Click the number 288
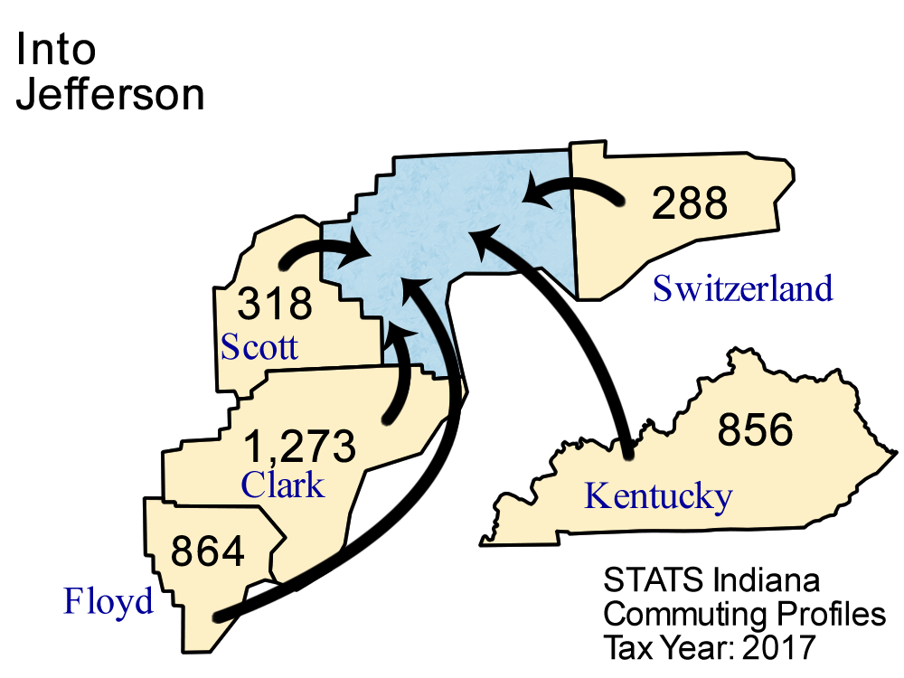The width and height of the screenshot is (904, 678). (x=690, y=203)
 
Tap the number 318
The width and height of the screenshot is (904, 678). (x=275, y=304)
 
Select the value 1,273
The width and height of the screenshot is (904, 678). (x=299, y=446)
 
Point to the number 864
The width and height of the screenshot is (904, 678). (x=208, y=551)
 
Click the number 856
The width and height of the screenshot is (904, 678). (x=755, y=430)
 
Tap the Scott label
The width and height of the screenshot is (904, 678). (x=259, y=347)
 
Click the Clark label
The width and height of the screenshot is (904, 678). (x=282, y=485)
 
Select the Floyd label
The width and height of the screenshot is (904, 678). (x=108, y=600)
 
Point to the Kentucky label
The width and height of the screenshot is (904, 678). (x=658, y=495)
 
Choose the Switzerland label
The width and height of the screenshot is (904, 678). (x=742, y=289)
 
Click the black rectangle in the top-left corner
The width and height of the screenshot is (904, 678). (x=118, y=72)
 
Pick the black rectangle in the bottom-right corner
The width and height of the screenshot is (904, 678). (x=732, y=610)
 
